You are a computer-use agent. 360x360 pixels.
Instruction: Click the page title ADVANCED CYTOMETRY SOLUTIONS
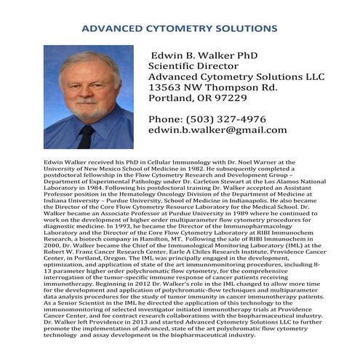coord(180,28)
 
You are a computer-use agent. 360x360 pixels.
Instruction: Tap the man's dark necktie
coord(86,135)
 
